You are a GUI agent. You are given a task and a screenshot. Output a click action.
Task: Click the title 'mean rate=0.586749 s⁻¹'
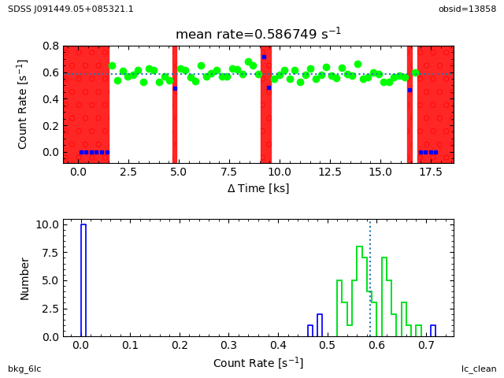[258, 34]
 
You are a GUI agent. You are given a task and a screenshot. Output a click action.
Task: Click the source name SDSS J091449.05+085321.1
[71, 9]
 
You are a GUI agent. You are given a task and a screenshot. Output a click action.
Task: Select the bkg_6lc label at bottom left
[24, 369]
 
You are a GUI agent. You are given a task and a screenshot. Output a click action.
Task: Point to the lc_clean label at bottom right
[479, 369]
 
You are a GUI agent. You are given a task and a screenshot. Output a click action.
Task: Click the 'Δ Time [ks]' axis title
[258, 188]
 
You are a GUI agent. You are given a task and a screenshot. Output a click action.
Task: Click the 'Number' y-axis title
[25, 278]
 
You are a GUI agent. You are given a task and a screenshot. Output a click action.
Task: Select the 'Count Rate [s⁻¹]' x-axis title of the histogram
[258, 363]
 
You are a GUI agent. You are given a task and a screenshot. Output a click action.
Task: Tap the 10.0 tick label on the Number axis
[47, 224]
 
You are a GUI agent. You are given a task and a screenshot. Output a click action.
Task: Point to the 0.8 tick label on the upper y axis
[50, 46]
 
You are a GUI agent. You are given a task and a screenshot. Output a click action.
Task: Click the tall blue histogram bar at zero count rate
[83, 280]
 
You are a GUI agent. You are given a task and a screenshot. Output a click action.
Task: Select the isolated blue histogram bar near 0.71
[432, 331]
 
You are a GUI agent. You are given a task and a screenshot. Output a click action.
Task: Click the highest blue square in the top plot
[264, 57]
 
